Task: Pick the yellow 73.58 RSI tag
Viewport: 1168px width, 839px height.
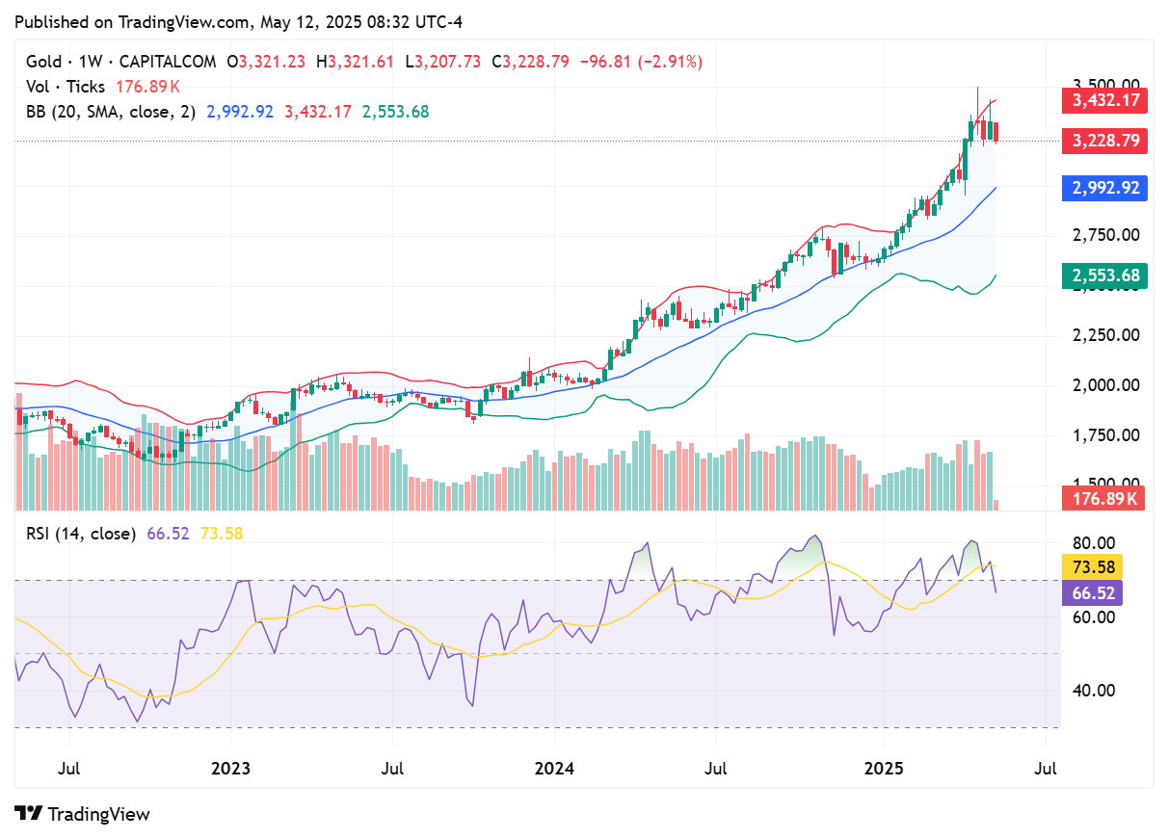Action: pyautogui.click(x=1091, y=566)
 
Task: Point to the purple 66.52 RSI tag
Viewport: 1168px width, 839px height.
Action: pyautogui.click(x=1091, y=591)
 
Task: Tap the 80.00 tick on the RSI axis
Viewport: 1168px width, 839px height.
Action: pyautogui.click(x=1093, y=542)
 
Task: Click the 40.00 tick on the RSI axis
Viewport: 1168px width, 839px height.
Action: pyautogui.click(x=1093, y=691)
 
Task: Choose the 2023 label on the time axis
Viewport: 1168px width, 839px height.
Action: pyautogui.click(x=231, y=769)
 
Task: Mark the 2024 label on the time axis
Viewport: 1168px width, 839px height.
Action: pyautogui.click(x=555, y=769)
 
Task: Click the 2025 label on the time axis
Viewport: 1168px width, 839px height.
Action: pyautogui.click(x=884, y=769)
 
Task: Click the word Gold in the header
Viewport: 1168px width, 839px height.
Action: pyautogui.click(x=42, y=62)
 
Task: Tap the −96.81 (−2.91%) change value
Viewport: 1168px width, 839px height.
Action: pyautogui.click(x=640, y=62)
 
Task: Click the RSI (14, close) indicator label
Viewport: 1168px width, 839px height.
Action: pyautogui.click(x=80, y=534)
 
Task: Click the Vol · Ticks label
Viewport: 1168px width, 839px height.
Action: pyautogui.click(x=66, y=87)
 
